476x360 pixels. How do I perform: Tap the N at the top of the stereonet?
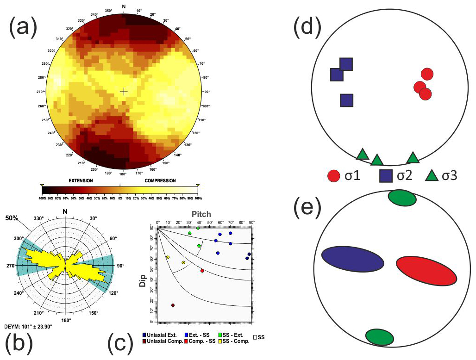click(123, 6)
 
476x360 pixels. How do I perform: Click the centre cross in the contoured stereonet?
click(124, 92)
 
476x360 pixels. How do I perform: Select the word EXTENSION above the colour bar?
click(83, 180)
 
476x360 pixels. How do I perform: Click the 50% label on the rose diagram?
click(12, 217)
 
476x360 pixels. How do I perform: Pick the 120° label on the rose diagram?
click(113, 293)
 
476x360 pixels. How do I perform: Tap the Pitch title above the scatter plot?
click(201, 214)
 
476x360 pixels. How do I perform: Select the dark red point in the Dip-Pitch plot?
click(173, 305)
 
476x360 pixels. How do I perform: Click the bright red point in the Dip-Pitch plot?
click(202, 271)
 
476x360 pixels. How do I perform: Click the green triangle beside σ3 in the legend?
click(432, 176)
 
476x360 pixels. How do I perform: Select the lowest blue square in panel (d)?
click(347, 100)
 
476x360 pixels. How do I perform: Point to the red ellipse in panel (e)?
click(426, 270)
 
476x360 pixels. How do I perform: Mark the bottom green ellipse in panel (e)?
click(379, 337)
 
